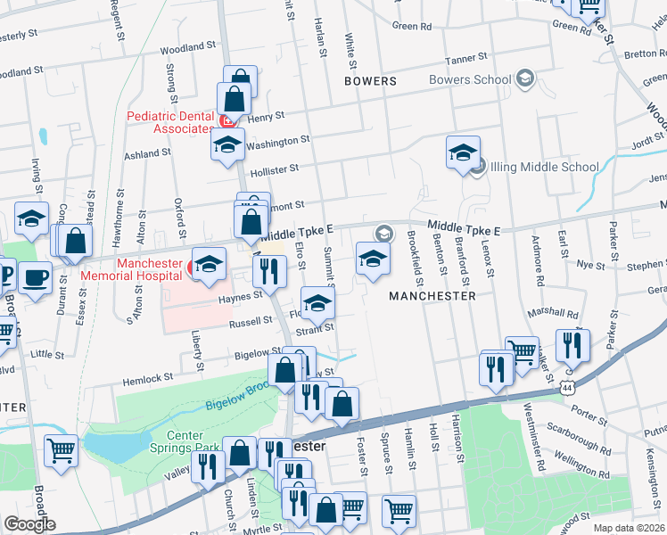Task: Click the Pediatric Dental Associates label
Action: (x=170, y=122)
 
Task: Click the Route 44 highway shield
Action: (x=567, y=388)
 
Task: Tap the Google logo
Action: (x=29, y=523)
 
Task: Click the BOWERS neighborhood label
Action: (x=370, y=81)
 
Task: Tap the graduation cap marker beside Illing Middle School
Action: (x=463, y=152)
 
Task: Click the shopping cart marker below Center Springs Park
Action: (x=61, y=449)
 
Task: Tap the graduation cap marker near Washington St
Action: (x=226, y=144)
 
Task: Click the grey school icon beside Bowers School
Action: (x=524, y=79)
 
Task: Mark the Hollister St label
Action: (x=274, y=167)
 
